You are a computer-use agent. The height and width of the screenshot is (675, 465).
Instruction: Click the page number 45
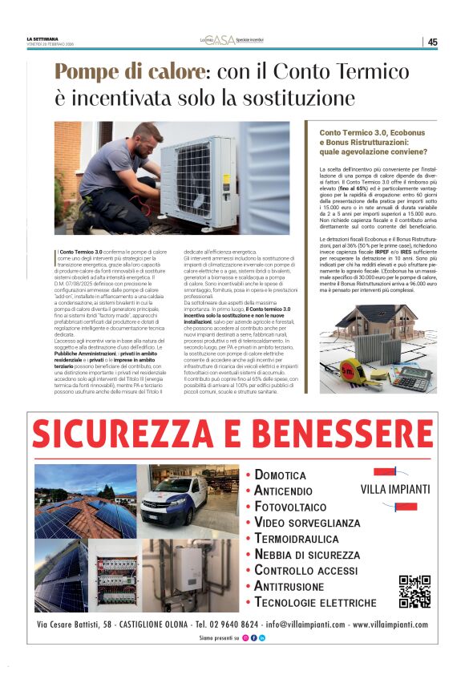click(x=432, y=42)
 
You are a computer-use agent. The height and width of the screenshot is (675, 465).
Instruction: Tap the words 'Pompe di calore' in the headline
click(x=128, y=72)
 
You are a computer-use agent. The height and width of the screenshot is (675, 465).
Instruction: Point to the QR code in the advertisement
click(x=414, y=592)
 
